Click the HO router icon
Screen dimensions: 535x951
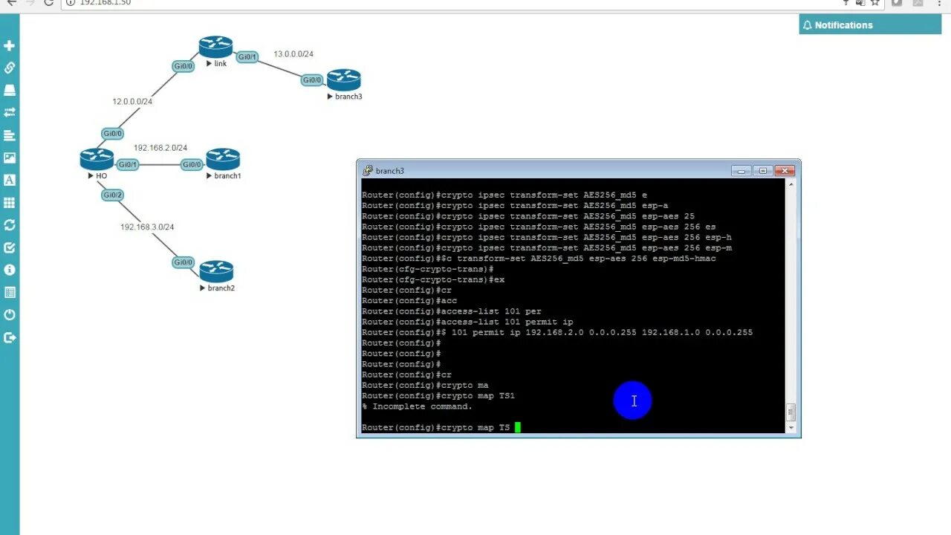click(x=97, y=159)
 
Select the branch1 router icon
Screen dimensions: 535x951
click(x=223, y=159)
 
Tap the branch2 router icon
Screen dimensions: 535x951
click(x=216, y=271)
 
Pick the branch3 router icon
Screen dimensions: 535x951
click(x=343, y=80)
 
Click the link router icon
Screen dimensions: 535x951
click(x=215, y=48)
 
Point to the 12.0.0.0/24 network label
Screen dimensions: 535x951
click(x=132, y=101)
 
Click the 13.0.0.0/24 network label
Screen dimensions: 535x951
click(x=293, y=54)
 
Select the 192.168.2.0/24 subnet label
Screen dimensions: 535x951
click(x=160, y=148)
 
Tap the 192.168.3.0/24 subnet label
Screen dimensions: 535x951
click(x=147, y=227)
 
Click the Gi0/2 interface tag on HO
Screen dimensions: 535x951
click(x=112, y=195)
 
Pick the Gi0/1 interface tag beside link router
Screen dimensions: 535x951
click(x=247, y=56)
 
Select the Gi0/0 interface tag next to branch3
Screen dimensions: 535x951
click(x=312, y=80)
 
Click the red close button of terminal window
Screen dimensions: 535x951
click(x=785, y=171)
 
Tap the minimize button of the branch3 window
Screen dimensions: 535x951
click(x=741, y=171)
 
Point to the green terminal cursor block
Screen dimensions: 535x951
click(x=518, y=427)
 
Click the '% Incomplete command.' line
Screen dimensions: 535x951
click(x=418, y=406)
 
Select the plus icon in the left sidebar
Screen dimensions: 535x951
click(x=10, y=45)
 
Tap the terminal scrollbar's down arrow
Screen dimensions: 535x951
click(x=791, y=427)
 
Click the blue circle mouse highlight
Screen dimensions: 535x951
click(x=633, y=401)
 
